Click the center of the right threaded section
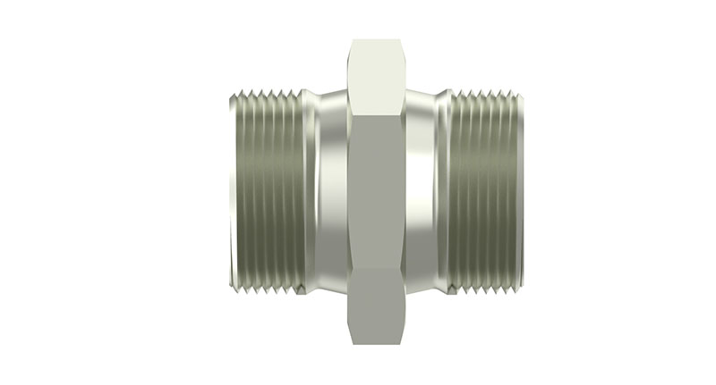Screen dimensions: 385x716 (483, 191)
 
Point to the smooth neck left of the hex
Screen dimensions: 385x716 (328, 191)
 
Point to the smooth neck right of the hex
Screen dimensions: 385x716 (428, 191)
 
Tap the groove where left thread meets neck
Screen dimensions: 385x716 (305, 191)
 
